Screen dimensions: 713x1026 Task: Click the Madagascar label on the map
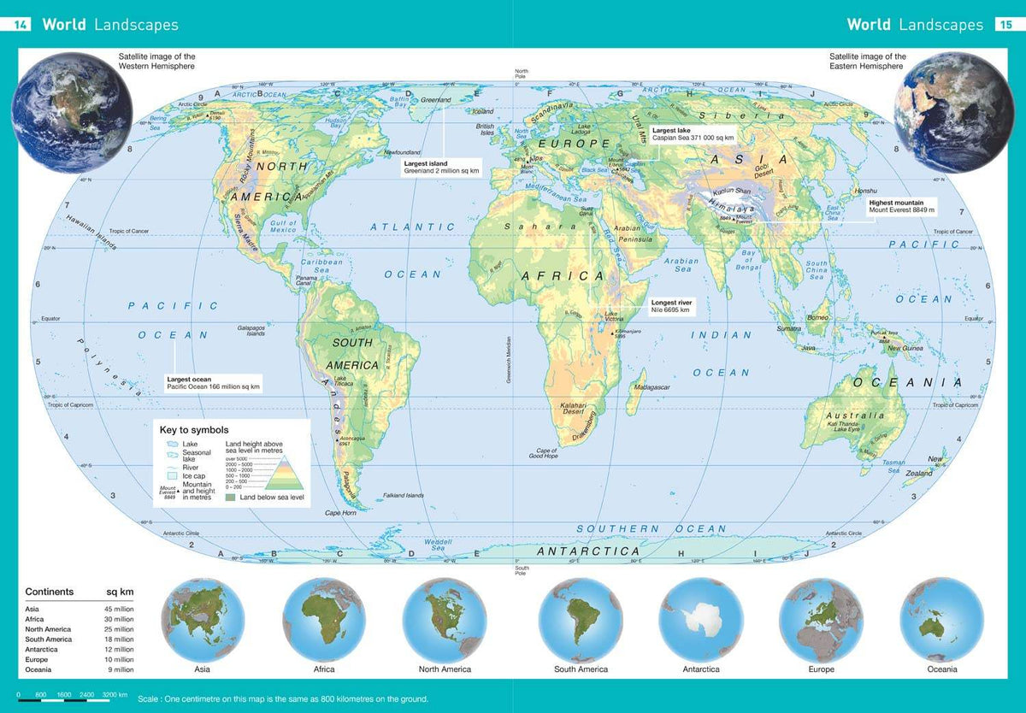coord(652,387)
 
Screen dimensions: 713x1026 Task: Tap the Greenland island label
coord(436,100)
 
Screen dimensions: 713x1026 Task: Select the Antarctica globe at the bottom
coord(700,620)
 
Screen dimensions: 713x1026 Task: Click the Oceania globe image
coord(941,620)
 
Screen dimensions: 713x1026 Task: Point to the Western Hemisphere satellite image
coord(73,111)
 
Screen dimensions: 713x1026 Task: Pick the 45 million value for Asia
coord(119,609)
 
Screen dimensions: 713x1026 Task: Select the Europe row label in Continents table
coord(38,659)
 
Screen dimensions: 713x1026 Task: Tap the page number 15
coord(1005,25)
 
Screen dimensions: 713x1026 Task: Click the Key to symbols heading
coord(194,430)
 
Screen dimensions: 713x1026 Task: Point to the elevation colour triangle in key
coord(274,471)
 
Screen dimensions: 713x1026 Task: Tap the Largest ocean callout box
coord(213,383)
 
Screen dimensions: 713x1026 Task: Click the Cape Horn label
coord(339,513)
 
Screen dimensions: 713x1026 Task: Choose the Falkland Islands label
coord(403,495)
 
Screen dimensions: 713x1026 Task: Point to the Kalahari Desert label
coord(571,409)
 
